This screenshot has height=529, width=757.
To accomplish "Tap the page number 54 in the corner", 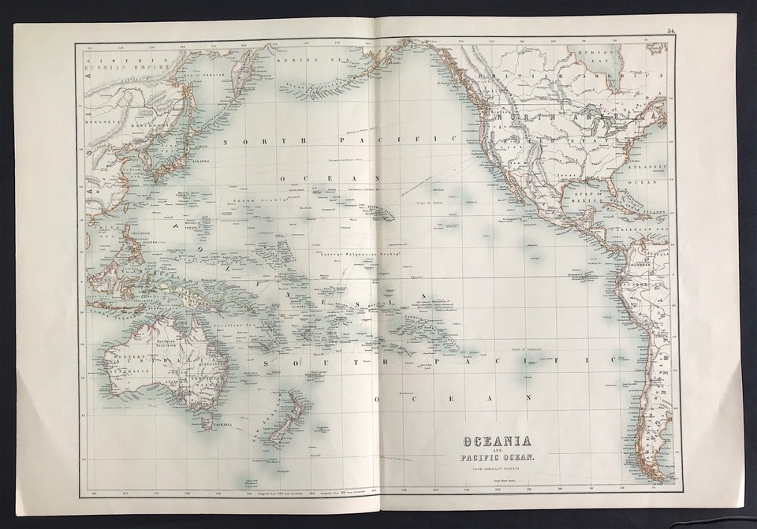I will coord(670,31).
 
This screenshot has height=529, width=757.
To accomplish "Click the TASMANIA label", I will coord(223,429).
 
